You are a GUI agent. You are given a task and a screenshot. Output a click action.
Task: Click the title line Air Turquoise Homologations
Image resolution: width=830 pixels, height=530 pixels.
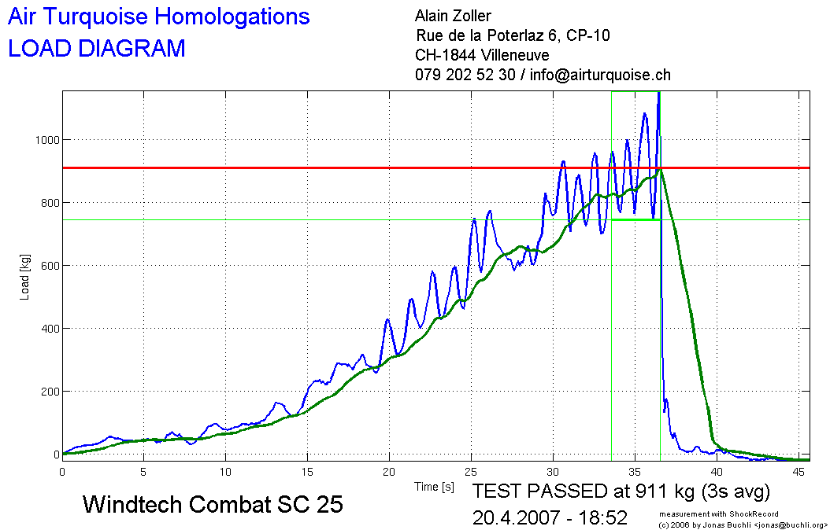(x=158, y=17)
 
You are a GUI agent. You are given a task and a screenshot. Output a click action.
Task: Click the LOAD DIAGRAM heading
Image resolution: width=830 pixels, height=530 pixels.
(x=96, y=49)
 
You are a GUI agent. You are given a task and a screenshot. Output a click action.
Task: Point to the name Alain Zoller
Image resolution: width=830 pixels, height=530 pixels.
(x=453, y=16)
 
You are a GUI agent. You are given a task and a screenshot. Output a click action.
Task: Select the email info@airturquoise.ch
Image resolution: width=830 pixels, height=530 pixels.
(x=601, y=75)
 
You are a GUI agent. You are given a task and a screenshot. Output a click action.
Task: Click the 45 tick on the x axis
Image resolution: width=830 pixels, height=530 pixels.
(x=799, y=472)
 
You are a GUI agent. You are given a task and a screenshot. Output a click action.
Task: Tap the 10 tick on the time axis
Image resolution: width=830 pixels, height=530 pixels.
(x=226, y=472)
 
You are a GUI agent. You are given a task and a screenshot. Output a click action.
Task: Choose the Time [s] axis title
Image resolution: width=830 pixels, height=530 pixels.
(x=435, y=488)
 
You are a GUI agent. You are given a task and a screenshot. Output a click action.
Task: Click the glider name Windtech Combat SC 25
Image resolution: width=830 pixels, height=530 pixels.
(x=213, y=504)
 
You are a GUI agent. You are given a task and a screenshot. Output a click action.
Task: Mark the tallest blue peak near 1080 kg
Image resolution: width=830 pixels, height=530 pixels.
(x=645, y=114)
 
